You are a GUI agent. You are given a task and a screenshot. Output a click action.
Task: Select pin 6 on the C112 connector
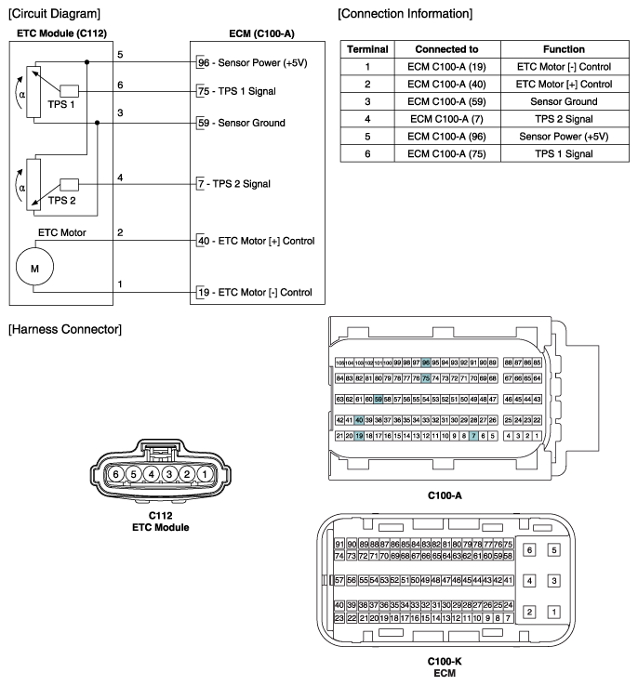point(115,473)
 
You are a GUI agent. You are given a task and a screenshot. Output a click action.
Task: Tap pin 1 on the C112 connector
point(204,473)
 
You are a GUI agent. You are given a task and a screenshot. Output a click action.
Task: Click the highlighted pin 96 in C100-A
point(426,363)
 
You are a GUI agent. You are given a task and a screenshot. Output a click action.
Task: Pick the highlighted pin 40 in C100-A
point(359,420)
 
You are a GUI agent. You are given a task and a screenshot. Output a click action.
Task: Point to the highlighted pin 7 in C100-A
point(473,435)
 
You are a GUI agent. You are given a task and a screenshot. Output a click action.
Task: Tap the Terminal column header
point(366,48)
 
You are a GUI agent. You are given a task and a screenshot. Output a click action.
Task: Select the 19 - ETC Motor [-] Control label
point(254,293)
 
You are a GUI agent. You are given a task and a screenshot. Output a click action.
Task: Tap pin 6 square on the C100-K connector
point(530,550)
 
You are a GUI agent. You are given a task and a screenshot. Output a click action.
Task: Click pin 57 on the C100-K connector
point(339,580)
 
